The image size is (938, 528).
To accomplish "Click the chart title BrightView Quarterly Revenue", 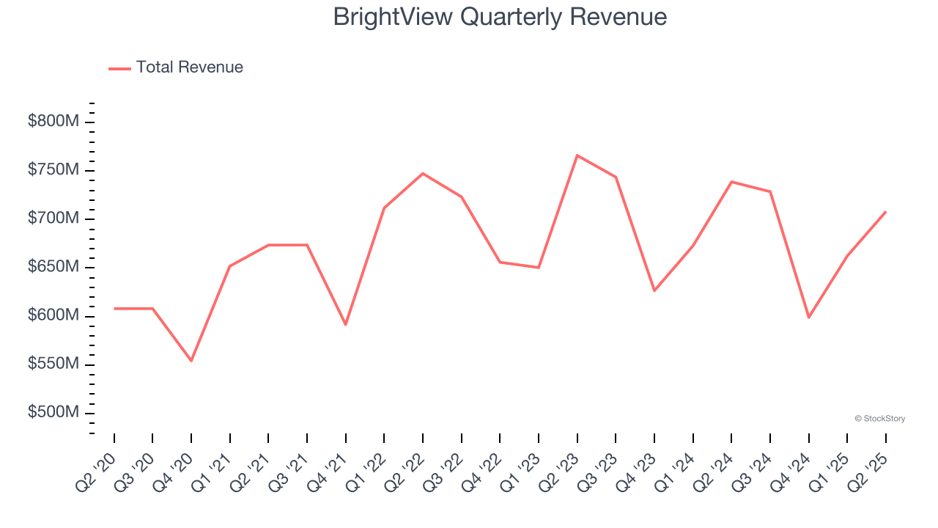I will (500, 17).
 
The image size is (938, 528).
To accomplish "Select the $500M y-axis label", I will (53, 413).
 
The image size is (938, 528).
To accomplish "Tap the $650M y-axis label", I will (53, 267).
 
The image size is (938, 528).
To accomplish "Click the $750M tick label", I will (53, 170).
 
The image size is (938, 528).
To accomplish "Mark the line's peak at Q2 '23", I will (577, 155).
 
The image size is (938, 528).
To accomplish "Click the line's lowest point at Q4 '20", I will (191, 361).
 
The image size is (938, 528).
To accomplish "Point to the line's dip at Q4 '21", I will (346, 325).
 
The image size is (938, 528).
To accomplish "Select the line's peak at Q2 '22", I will (423, 173).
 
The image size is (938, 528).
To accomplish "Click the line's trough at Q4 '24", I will (809, 318).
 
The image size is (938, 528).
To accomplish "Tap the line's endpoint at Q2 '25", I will (886, 212).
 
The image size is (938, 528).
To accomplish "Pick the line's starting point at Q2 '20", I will (114, 309).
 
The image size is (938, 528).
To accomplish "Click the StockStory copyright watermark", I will (879, 419).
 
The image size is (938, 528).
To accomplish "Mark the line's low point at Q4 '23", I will (654, 291).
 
